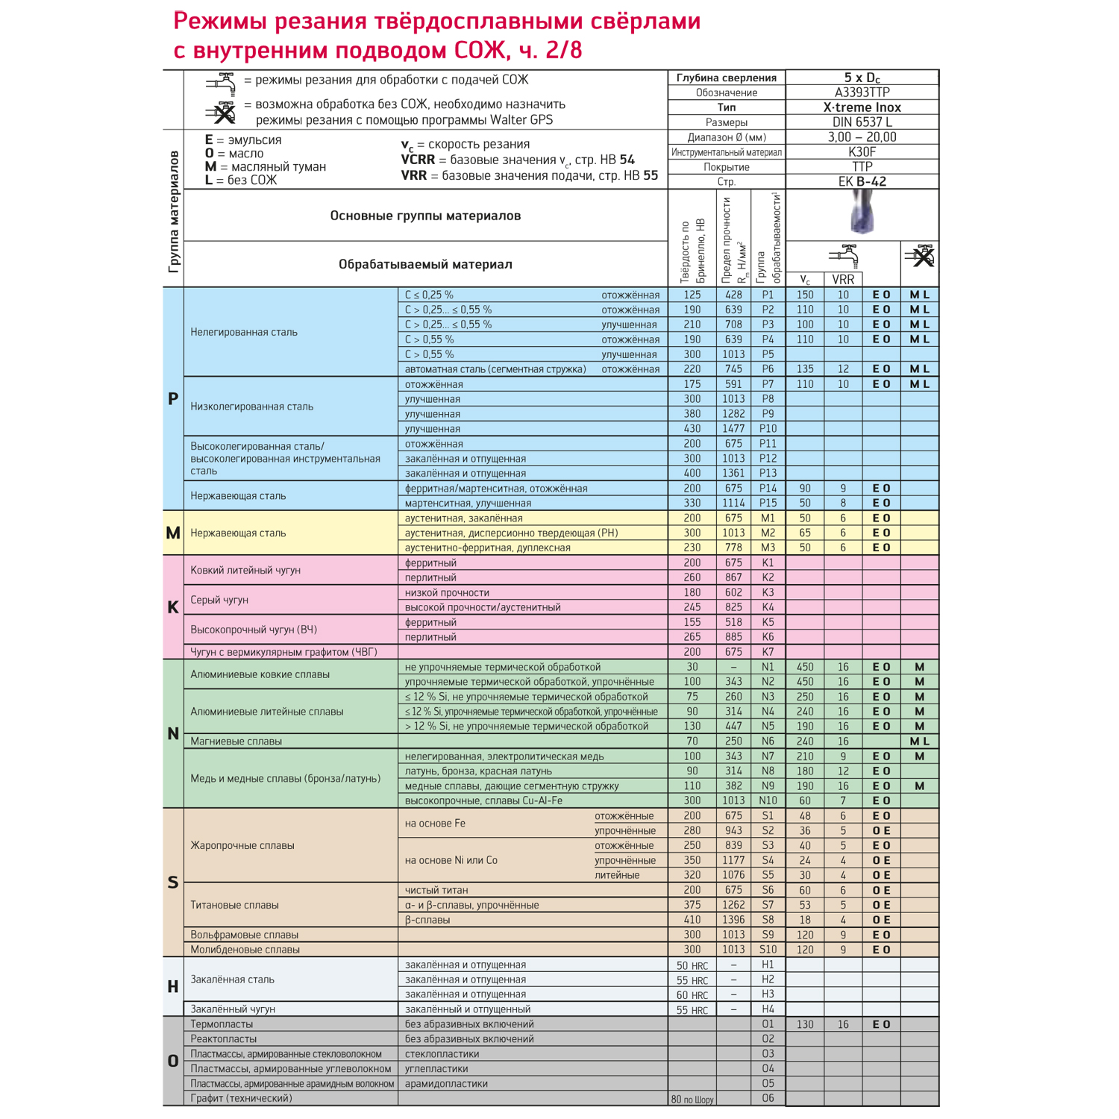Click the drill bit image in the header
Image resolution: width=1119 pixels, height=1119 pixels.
tap(862, 214)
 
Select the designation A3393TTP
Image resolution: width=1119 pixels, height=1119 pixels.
tap(862, 93)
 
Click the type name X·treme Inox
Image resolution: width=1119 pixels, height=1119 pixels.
tap(862, 107)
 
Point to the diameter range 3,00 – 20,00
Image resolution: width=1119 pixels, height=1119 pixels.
tap(862, 137)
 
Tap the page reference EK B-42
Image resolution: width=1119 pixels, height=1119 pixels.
tap(862, 181)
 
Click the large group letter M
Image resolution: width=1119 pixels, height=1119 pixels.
tap(173, 533)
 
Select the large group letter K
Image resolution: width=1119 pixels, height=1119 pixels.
tap(173, 607)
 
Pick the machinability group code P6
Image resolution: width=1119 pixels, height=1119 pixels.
tap(768, 369)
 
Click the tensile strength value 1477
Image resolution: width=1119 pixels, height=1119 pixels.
tap(733, 428)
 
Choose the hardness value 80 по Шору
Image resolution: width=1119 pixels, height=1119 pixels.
tap(692, 1099)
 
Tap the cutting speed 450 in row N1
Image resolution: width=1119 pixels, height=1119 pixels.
tap(805, 667)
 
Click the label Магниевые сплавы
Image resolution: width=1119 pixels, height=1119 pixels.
tap(236, 741)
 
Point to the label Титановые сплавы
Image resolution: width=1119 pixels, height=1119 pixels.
tap(234, 905)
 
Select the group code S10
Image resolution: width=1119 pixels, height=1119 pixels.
tap(768, 950)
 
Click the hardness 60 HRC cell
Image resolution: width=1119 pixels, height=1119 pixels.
tap(692, 994)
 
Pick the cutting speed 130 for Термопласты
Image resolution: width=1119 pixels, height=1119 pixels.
tap(805, 1024)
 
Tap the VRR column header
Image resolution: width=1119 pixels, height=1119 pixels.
tap(843, 280)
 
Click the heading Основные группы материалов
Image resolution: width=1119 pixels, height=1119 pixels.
tap(425, 216)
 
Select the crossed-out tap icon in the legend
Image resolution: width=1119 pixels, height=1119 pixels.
tap(222, 113)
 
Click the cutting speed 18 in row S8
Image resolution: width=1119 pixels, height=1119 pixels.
tap(805, 920)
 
